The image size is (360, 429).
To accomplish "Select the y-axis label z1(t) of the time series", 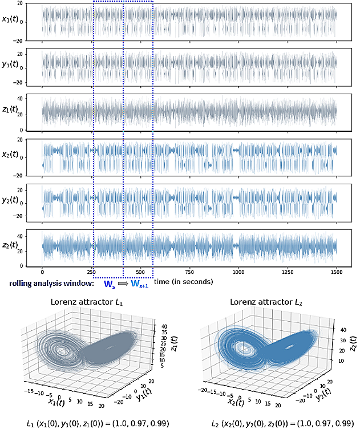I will click(x=11, y=112).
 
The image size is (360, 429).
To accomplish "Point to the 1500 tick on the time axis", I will click(x=336, y=273).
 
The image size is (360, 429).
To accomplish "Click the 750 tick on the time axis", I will click(x=189, y=273).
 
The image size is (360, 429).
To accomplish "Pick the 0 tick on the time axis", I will click(x=43, y=273).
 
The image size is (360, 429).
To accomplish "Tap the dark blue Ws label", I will click(x=108, y=284).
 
